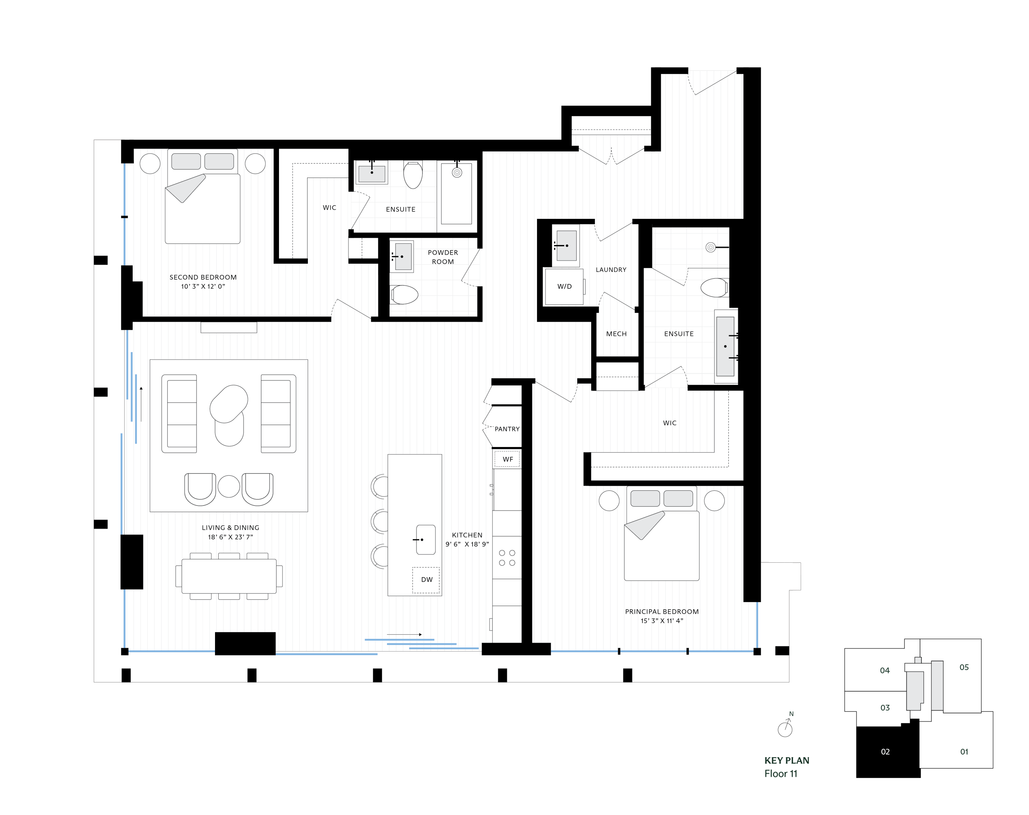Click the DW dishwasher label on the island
pos(427,580)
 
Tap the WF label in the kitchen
pos(507,459)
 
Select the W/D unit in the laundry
pos(564,286)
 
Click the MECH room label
pos(616,334)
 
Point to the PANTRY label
pos(507,429)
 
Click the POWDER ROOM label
pos(443,257)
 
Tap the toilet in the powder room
pos(404,294)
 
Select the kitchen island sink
pos(425,539)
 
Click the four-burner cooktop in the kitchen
pos(507,558)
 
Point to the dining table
pos(229,576)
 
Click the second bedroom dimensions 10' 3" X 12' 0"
pos(203,286)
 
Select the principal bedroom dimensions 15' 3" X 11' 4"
pos(662,621)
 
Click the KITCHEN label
pos(467,535)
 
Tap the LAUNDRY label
pos(611,270)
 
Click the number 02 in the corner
pos(885,752)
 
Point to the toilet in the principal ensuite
pos(714,288)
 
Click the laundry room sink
pos(566,245)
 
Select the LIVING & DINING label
pos(231,527)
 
